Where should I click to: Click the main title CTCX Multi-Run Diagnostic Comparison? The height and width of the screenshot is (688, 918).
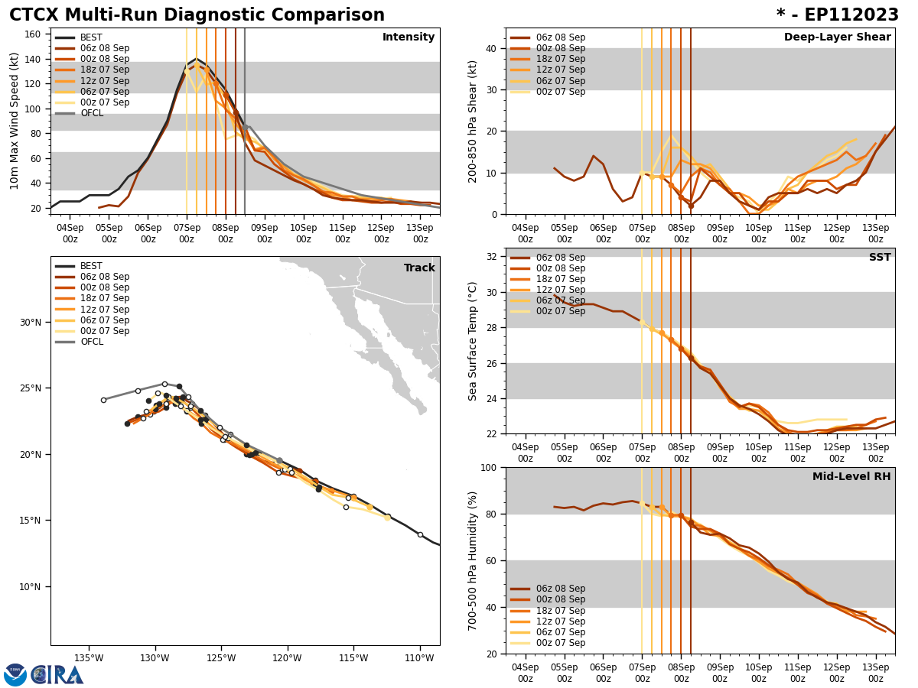coord(197,15)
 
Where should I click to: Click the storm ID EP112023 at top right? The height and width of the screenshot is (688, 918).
coord(838,15)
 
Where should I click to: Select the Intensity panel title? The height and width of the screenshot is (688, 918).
coord(409,37)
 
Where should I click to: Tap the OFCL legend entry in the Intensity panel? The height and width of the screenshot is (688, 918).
coord(91,113)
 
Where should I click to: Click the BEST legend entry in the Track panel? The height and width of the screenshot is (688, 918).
coord(91,266)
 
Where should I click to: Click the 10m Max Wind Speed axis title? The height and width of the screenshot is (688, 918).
coord(15,121)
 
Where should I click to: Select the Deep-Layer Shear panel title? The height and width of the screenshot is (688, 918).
coord(837,37)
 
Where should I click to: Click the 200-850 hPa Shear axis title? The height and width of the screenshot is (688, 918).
coord(473,121)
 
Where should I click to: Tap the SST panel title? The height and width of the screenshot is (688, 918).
coord(879,258)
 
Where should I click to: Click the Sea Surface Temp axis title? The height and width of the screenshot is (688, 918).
coord(473,341)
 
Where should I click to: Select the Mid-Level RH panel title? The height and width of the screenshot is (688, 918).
coord(851,477)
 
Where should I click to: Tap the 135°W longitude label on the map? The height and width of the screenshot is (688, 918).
coord(89,658)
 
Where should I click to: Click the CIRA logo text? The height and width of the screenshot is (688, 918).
coord(57,675)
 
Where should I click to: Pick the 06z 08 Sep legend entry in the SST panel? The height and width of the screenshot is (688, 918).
coord(560,258)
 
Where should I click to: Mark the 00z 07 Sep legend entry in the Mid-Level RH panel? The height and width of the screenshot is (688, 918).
coord(560,643)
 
